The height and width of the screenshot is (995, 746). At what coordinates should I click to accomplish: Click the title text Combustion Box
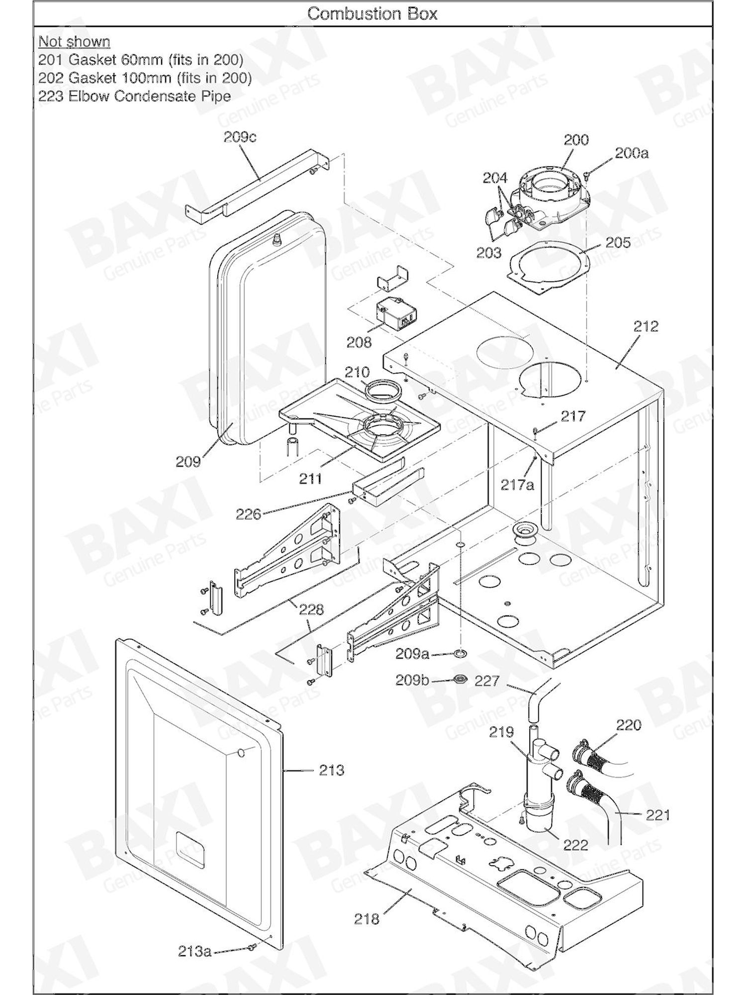point(372,13)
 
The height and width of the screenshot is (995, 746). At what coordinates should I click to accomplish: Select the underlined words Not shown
point(74,42)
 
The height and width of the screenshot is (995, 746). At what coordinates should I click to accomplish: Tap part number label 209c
point(240,137)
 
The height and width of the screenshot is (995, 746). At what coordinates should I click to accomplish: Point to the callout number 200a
point(632,153)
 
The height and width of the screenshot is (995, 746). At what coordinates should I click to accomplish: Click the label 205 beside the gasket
point(618,243)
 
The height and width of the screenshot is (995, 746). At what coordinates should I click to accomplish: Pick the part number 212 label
point(646,326)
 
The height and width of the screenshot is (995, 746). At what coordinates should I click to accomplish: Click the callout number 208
point(359,342)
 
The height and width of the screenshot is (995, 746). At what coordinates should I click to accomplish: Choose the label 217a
point(517,485)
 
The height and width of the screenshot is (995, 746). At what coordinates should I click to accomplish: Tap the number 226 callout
point(248,514)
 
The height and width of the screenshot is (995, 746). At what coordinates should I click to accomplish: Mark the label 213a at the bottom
point(194,952)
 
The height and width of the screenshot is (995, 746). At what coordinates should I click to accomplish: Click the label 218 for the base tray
point(367,919)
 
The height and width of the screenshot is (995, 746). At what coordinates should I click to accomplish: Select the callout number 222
point(575,845)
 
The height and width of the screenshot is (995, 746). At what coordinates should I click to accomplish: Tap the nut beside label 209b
point(460,679)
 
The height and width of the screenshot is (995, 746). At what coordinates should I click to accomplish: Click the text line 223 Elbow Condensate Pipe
point(134,96)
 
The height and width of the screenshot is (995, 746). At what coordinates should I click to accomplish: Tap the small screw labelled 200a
point(587,174)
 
